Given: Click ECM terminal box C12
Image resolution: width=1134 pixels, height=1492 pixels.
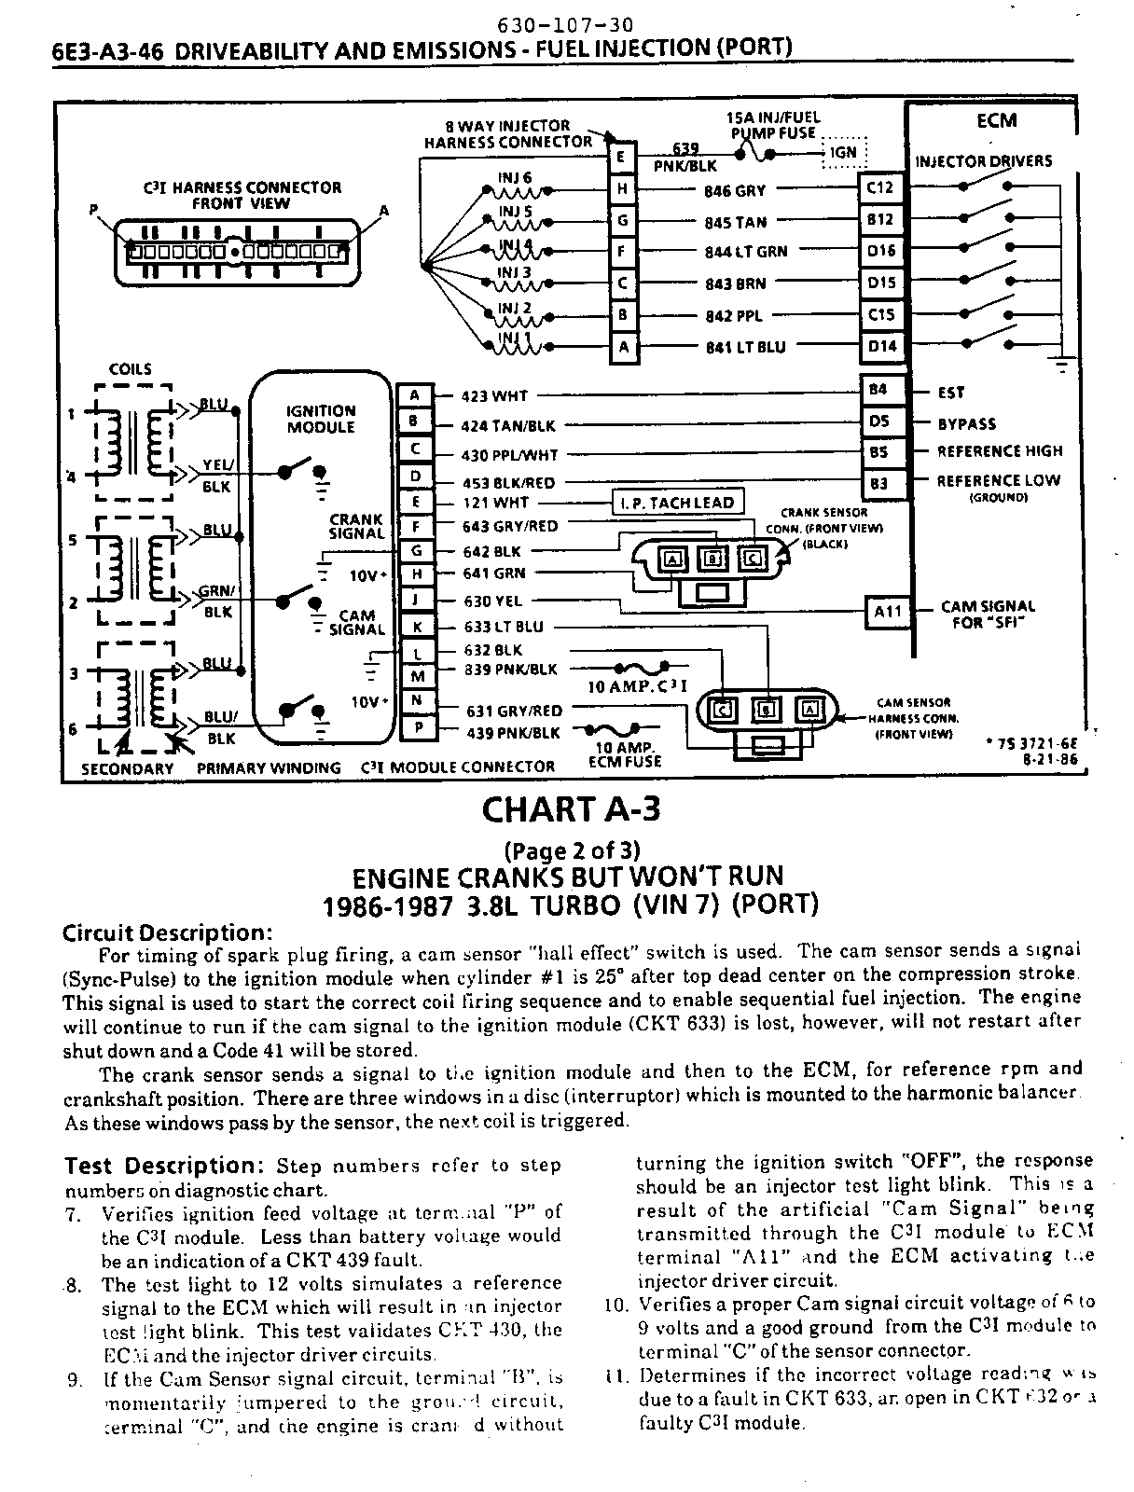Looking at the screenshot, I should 879,188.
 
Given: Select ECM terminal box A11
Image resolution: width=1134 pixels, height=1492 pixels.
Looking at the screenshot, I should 886,612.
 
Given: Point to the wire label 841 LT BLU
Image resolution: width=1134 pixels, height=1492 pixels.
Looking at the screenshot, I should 745,348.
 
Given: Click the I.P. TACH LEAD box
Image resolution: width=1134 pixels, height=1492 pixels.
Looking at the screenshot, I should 678,503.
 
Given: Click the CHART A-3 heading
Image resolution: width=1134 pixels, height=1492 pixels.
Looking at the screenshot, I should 571,808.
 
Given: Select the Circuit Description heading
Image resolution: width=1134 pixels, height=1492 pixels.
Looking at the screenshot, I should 167,933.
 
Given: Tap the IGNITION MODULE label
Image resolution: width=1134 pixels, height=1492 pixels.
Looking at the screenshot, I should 321,419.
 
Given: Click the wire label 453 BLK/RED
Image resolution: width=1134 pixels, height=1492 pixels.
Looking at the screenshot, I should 508,483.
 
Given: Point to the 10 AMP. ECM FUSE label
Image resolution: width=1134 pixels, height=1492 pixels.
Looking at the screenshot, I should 625,753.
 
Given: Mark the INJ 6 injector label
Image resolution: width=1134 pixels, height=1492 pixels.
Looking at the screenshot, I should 515,177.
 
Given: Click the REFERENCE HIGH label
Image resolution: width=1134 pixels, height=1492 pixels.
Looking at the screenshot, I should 999,451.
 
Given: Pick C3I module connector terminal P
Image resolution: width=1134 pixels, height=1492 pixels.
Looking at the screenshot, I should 418,727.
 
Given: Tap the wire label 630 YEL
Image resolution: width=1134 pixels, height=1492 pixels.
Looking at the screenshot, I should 493,602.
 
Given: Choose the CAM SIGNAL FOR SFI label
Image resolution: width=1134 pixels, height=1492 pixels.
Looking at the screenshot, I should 987,614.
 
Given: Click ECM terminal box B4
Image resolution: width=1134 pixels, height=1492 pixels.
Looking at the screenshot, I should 878,391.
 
